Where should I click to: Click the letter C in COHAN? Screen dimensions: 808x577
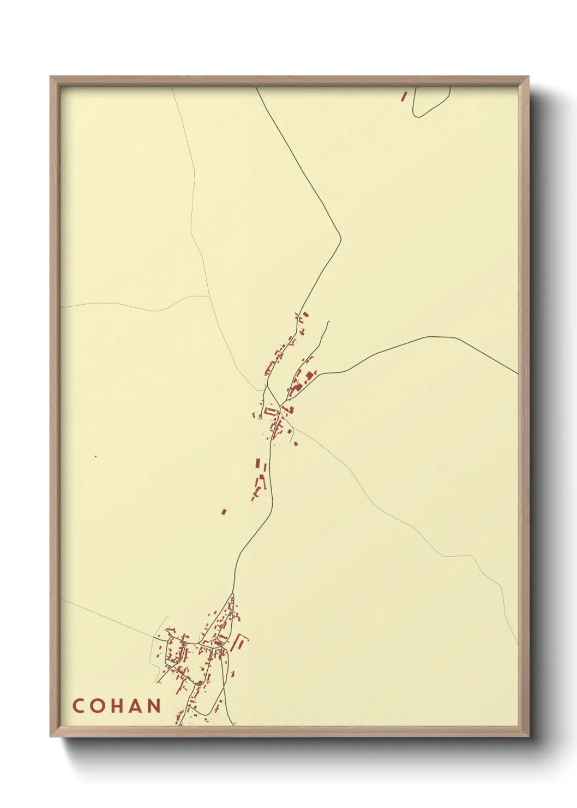point(78,706)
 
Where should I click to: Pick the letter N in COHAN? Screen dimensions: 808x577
point(155,706)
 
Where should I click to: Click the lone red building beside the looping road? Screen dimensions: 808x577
point(404,96)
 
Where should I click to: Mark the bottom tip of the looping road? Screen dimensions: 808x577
point(416,116)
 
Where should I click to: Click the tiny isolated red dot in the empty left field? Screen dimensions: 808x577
point(95,456)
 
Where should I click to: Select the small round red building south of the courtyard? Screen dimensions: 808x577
point(296,444)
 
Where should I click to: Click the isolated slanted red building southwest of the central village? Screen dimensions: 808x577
point(224,512)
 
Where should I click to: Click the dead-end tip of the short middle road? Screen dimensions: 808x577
point(329,321)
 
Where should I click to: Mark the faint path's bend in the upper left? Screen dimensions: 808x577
point(191,233)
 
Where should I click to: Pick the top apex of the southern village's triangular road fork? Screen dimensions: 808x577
point(233,594)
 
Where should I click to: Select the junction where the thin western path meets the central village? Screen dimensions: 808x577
point(262,390)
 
